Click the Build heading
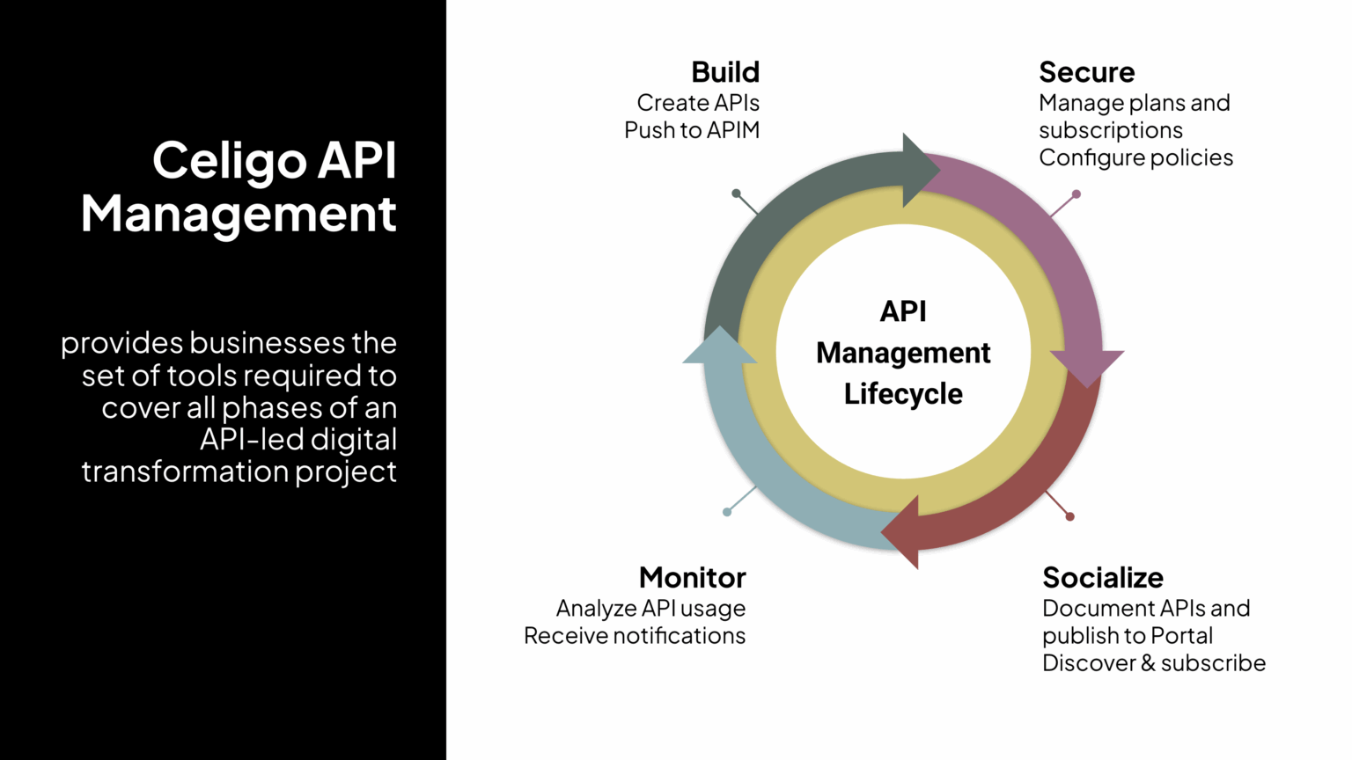pos(724,72)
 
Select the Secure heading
pos(1086,72)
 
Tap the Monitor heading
pos(692,578)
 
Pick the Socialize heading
pos(1102,578)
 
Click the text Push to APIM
pos(691,130)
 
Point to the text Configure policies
pos(1135,157)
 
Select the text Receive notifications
pos(634,636)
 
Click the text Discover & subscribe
pos(1153,663)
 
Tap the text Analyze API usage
pos(650,609)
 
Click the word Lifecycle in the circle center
pos(903,394)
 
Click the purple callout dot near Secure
pos(1076,194)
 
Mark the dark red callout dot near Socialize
pos(1069,516)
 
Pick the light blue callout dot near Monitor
pos(727,512)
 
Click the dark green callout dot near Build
pos(736,194)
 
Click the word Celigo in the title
pos(229,161)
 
